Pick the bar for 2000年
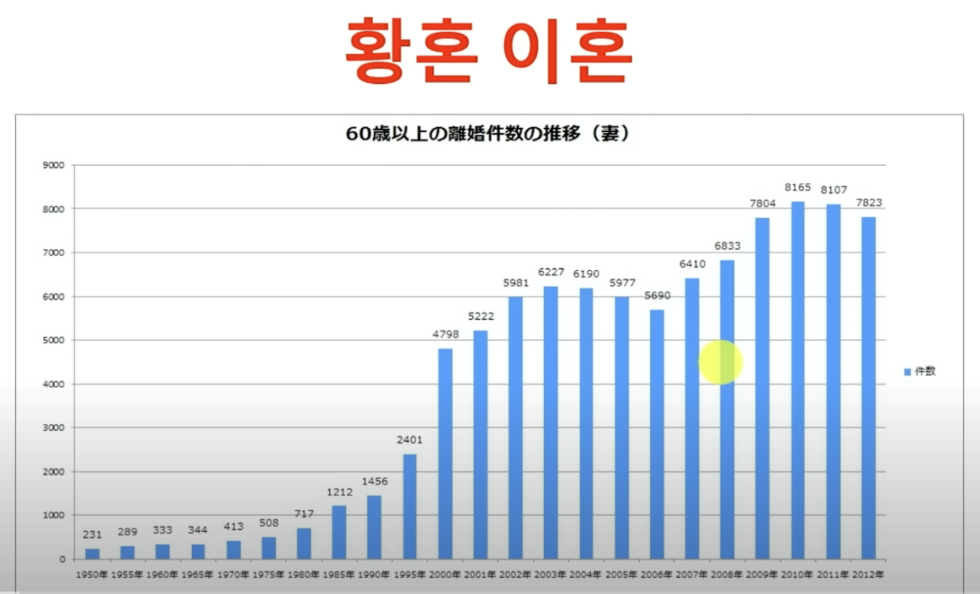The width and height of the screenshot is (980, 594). coord(445,453)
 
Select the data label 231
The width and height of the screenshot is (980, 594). coord(92,534)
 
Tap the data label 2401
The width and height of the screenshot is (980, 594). coord(409,440)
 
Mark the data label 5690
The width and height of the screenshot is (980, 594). coord(656,296)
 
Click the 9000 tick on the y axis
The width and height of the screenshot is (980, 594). coord(53,165)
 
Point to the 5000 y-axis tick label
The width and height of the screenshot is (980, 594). coord(53,340)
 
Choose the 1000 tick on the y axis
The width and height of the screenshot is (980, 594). coord(53,515)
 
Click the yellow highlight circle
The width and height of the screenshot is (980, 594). coord(721,363)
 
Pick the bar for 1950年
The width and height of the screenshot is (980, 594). coord(92,554)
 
